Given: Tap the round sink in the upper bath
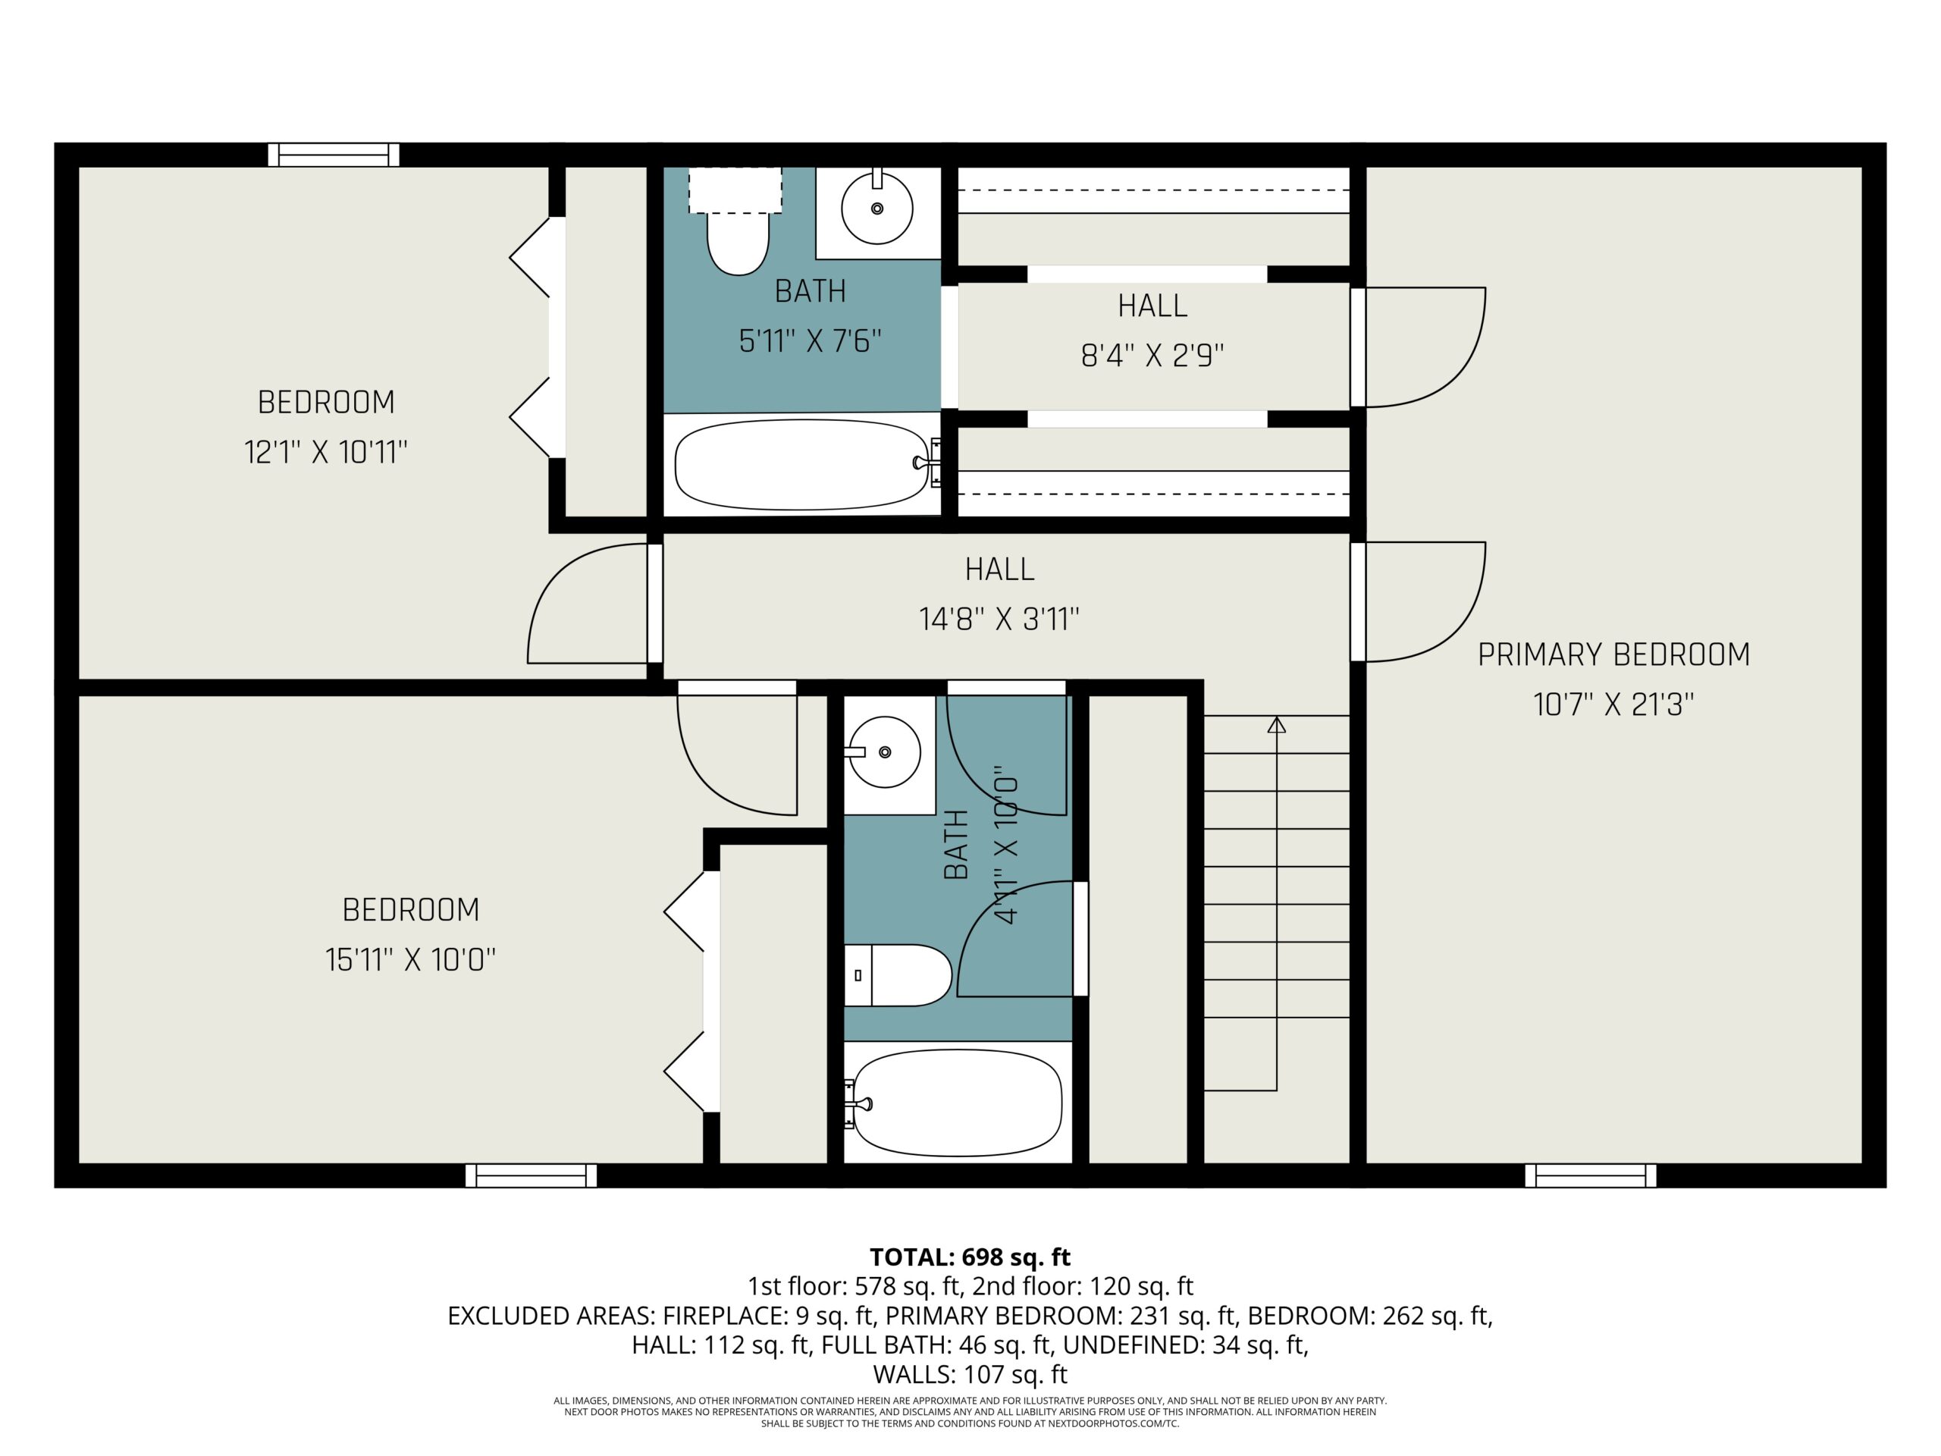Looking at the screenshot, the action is click(x=876, y=208).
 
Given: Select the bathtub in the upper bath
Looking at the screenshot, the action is click(x=801, y=464).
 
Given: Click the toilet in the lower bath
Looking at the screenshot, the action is click(x=898, y=975).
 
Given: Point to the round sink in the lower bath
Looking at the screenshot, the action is click(x=883, y=752).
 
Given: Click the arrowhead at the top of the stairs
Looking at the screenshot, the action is click(x=1277, y=725).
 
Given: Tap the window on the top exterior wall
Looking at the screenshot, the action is click(x=334, y=155).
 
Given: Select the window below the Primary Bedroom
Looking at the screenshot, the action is click(x=1590, y=1175).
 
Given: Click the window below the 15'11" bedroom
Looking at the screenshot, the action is click(x=531, y=1175).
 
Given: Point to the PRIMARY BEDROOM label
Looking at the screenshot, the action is click(x=1613, y=654).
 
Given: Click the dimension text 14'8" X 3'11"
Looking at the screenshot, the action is click(x=999, y=620).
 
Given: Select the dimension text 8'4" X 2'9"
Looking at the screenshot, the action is click(x=1153, y=356).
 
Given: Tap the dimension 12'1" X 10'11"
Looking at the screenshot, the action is click(x=327, y=453).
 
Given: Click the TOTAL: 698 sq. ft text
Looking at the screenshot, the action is click(x=970, y=1257).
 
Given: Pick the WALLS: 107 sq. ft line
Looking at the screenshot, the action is click(x=970, y=1374).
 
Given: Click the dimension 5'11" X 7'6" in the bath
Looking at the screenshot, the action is click(x=810, y=340).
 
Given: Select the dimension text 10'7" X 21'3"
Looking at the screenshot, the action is click(x=1613, y=704).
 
